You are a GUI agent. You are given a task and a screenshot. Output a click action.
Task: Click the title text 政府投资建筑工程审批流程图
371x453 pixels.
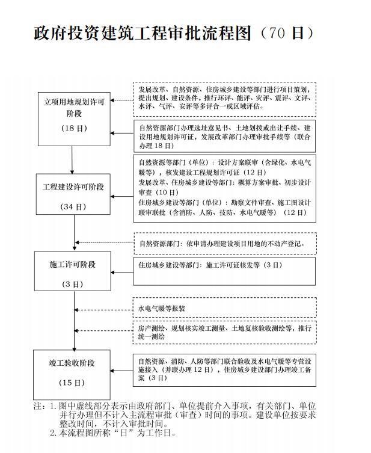point(142,33)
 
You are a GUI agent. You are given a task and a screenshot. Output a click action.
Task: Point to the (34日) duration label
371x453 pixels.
point(73,206)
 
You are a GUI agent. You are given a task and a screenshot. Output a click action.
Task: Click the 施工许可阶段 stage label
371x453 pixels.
point(73,264)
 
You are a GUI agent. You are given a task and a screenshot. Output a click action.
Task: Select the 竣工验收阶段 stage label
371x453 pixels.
point(73,363)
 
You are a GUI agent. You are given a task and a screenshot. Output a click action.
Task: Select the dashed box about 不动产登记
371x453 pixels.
point(224,244)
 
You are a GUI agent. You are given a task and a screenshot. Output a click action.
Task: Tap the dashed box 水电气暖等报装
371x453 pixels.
point(224,309)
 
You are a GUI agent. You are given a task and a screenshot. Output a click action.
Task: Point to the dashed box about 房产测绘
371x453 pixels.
point(224,333)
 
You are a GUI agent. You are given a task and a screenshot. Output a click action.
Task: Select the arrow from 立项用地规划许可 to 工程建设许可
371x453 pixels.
point(72,159)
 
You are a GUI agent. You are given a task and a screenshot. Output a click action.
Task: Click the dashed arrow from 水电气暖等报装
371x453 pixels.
point(103,310)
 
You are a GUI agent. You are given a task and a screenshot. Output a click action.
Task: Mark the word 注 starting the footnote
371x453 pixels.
point(37,406)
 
